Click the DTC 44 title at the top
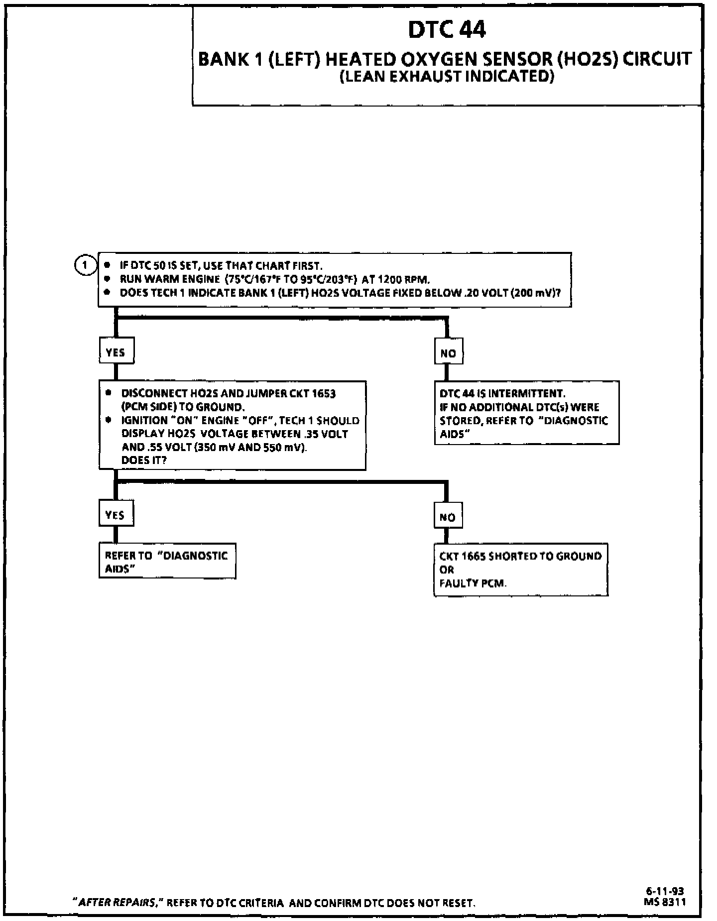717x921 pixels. (x=447, y=29)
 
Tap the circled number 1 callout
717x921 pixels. (x=85, y=265)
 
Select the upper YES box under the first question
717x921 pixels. (x=116, y=352)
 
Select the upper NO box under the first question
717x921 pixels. (x=448, y=353)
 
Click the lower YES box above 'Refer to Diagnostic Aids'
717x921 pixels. (x=116, y=515)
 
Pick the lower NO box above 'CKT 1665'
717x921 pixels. (x=447, y=517)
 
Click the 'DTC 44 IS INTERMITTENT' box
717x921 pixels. (x=526, y=413)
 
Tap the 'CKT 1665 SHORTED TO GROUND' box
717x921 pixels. (x=520, y=570)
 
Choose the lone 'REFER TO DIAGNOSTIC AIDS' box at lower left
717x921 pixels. (x=167, y=561)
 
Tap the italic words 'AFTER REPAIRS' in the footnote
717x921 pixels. (x=117, y=903)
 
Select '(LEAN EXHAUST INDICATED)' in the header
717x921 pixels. (x=447, y=76)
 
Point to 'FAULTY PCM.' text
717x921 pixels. (x=473, y=583)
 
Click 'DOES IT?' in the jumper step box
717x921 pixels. (x=144, y=460)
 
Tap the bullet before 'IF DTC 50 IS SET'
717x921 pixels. (x=107, y=265)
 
